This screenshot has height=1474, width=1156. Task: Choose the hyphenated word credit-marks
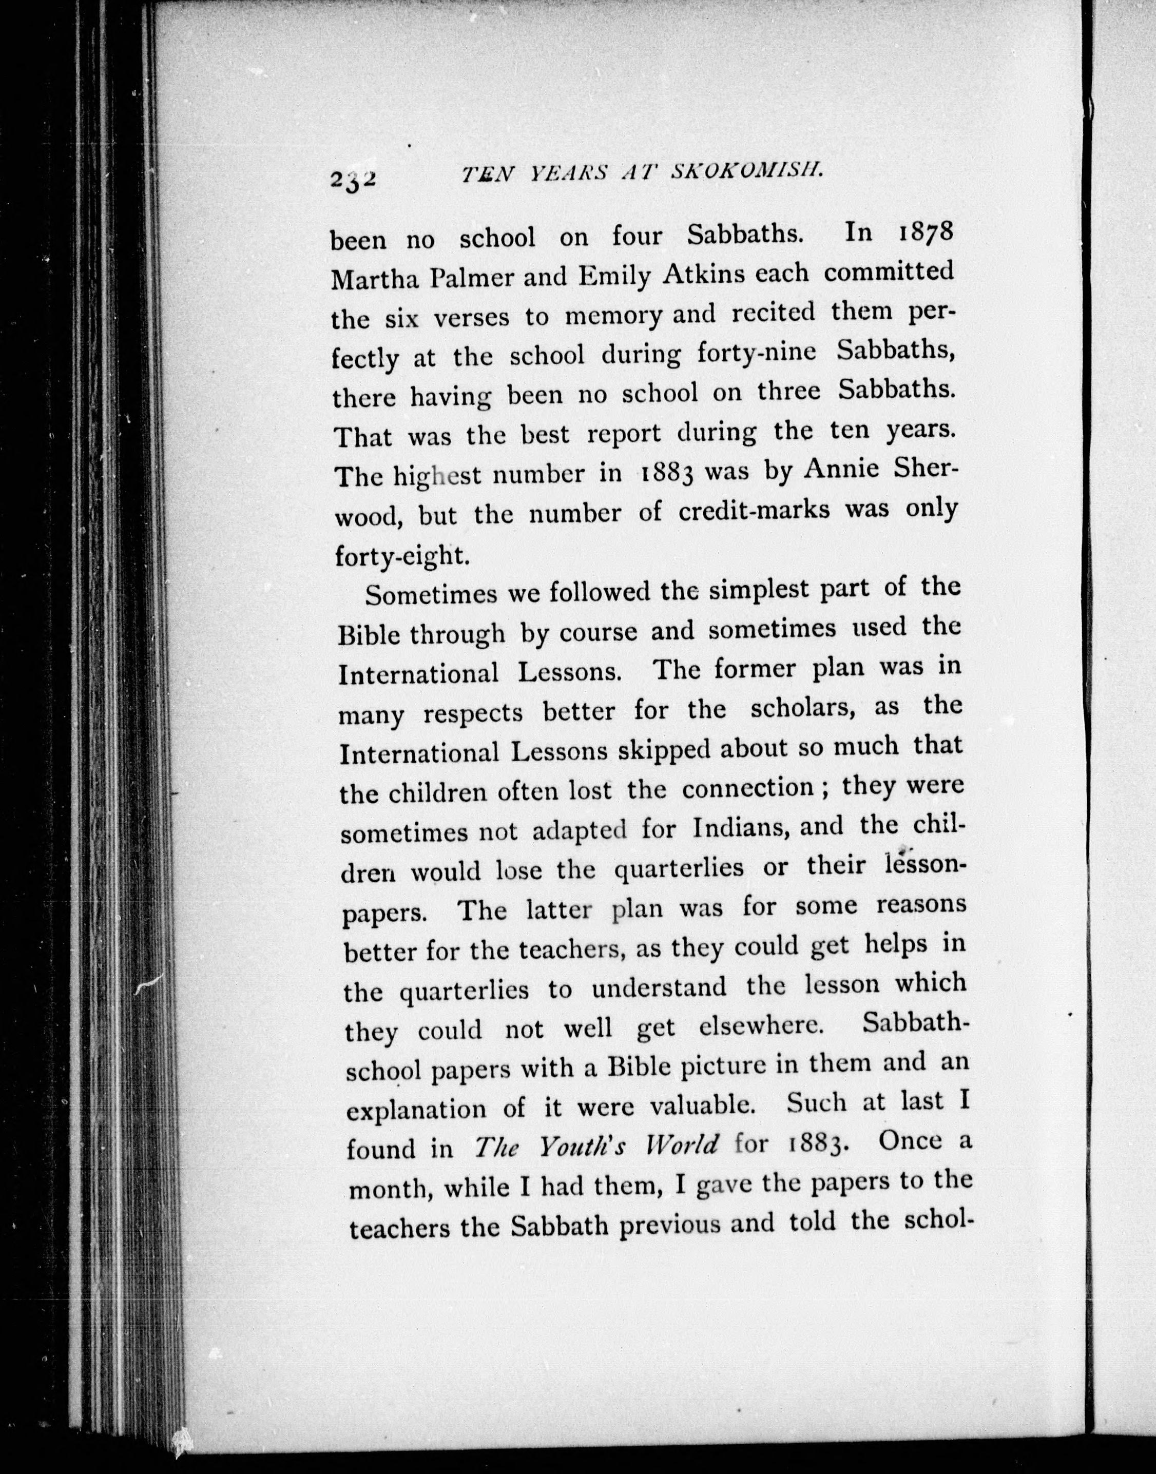pos(753,510)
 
